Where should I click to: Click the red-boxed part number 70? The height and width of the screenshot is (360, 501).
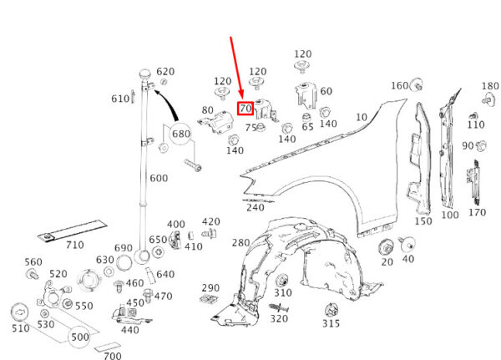tap(245, 109)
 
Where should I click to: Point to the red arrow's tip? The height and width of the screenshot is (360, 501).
tap(242, 99)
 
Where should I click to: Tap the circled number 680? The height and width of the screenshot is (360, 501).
tap(181, 134)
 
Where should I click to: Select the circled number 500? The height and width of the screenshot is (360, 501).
tap(80, 337)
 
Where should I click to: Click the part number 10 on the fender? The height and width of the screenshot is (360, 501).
tap(362, 117)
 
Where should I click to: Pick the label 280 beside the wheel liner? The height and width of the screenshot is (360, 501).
tap(240, 243)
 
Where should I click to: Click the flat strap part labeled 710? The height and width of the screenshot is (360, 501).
tap(72, 231)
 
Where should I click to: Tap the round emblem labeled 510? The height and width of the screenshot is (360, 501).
tap(20, 312)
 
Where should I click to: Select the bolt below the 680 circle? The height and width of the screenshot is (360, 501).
tap(193, 165)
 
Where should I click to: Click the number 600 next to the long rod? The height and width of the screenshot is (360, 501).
tap(159, 178)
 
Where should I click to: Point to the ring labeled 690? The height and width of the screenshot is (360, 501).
tap(124, 263)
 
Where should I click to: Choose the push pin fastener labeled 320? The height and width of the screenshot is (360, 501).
tap(278, 308)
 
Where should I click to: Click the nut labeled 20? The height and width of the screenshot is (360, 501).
tap(387, 248)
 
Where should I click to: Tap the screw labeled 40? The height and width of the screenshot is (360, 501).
tap(407, 245)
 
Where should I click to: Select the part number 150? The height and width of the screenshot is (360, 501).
tap(423, 221)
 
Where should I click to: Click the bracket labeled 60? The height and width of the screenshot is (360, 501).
tap(306, 95)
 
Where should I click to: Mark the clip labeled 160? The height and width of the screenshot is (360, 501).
tap(417, 84)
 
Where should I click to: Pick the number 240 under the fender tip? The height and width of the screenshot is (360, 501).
tap(256, 208)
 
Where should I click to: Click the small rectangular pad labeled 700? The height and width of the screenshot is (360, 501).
tap(108, 347)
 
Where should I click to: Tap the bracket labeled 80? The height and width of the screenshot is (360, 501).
tap(216, 123)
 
